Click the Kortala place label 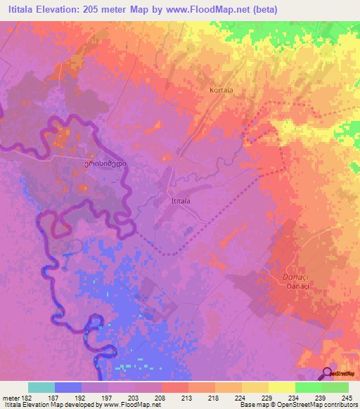pyautogui.click(x=221, y=91)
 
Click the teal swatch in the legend pyautogui.click(x=41, y=387)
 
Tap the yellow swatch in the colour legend pyautogui.click(x=281, y=387)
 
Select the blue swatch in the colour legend pyautogui.click(x=67, y=387)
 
